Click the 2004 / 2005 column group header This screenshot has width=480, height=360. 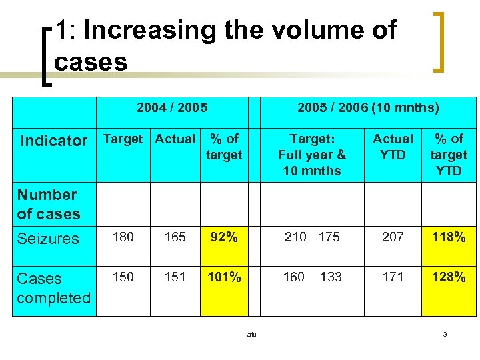(172, 107)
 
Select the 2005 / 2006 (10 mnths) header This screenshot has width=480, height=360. (368, 107)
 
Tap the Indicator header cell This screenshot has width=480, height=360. (54, 141)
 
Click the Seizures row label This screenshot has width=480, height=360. (48, 238)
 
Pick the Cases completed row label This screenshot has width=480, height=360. (53, 288)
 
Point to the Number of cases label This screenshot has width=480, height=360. (48, 204)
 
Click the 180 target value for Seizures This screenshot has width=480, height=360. (123, 237)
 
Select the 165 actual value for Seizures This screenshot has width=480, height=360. (175, 237)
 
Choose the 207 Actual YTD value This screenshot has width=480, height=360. (393, 237)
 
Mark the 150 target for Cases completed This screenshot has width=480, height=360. (123, 277)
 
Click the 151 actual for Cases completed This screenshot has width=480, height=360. (175, 277)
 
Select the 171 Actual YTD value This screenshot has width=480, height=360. (393, 277)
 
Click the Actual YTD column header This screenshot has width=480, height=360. (393, 147)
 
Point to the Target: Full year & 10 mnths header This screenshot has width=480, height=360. (312, 155)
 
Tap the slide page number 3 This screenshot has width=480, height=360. (445, 334)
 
